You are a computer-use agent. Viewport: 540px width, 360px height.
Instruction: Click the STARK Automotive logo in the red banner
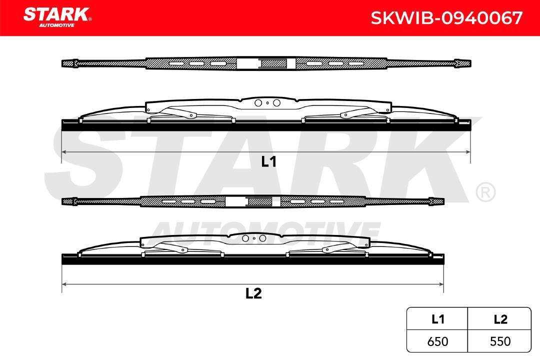point(57,17)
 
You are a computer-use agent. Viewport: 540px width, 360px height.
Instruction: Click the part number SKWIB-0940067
point(446,18)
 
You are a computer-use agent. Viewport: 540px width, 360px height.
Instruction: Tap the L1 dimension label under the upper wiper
point(268,161)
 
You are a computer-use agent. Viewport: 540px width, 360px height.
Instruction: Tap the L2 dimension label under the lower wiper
point(253,293)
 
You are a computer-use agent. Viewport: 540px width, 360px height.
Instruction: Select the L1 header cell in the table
point(437,319)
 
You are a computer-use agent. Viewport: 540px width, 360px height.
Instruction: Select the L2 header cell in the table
point(499,319)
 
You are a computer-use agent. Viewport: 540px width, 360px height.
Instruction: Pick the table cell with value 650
point(437,341)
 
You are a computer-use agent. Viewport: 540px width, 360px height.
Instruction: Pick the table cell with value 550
point(499,341)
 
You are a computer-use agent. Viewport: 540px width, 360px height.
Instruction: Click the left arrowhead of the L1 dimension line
point(64,151)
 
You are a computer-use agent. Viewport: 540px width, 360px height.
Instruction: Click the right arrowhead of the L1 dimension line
point(468,151)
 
